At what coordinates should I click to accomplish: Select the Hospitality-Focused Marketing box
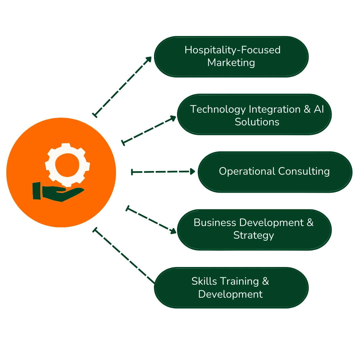231,56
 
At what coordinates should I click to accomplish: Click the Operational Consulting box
275,172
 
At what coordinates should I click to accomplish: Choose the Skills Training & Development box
231,287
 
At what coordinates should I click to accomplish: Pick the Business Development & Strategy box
254,229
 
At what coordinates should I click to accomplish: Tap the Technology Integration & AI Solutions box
254,114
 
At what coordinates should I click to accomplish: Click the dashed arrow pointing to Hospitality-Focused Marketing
122,86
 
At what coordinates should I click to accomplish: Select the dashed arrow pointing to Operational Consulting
163,172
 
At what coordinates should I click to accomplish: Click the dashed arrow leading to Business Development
151,220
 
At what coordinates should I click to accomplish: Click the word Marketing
231,63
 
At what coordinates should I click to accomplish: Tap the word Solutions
257,122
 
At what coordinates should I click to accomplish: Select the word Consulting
304,171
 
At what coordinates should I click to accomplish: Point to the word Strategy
253,235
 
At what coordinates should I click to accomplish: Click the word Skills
204,281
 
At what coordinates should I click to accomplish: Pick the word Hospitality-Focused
232,50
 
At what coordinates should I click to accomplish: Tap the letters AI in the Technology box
318,109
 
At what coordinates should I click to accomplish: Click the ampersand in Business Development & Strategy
310,222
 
